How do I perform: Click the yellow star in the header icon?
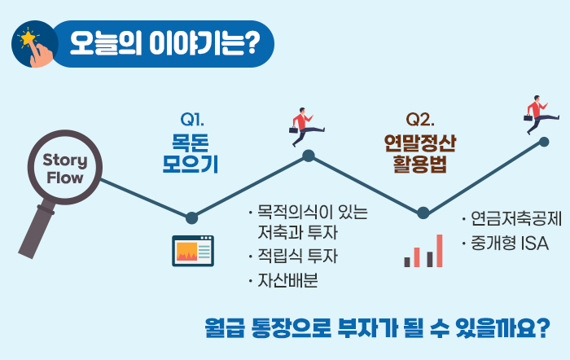(x=28, y=37)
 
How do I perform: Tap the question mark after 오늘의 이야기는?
(x=252, y=43)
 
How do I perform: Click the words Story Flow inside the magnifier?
(x=65, y=169)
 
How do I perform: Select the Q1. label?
(x=192, y=119)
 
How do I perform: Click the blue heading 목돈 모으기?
(x=190, y=154)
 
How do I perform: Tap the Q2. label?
(x=420, y=119)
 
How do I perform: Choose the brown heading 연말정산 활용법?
(x=420, y=154)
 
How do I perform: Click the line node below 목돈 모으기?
(x=191, y=217)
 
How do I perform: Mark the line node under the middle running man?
(x=309, y=156)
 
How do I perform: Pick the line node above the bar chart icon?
(x=423, y=213)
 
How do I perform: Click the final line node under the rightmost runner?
(x=544, y=142)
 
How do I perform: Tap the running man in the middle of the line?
(x=306, y=127)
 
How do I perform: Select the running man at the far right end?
(x=541, y=115)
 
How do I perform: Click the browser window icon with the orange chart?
(x=193, y=251)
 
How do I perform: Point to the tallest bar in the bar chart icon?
(x=439, y=251)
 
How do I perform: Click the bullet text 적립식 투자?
(x=298, y=256)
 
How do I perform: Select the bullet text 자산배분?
(x=288, y=280)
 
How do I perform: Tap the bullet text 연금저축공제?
(x=516, y=218)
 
